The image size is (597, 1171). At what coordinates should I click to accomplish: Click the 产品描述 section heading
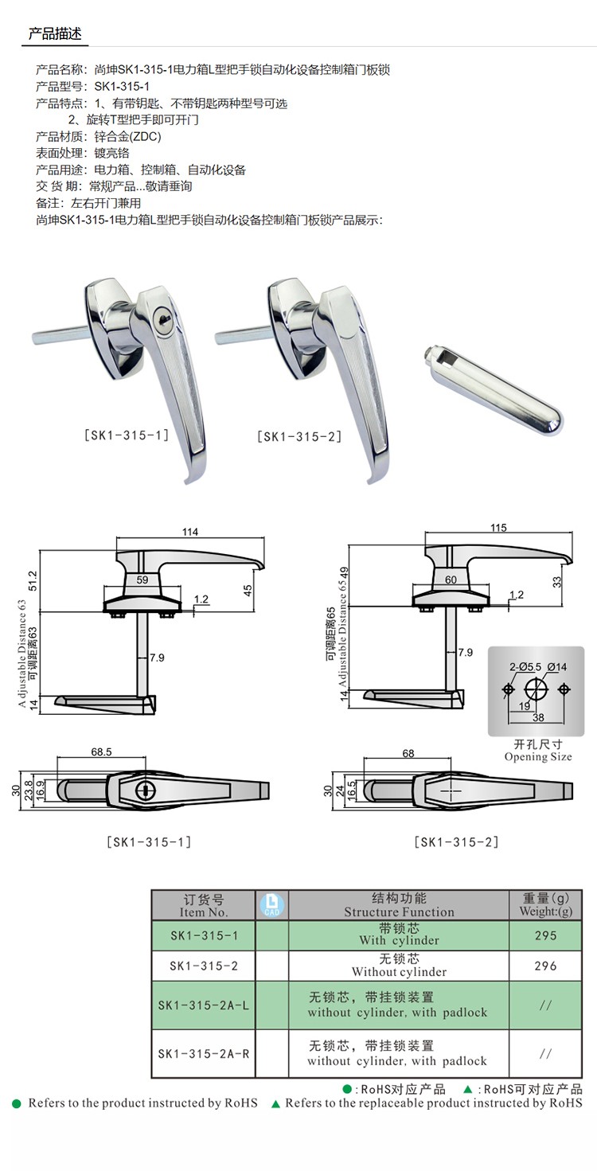pos(55,33)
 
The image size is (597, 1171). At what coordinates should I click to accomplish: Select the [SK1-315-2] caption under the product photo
pos(299,436)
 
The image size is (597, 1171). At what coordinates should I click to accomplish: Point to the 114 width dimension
pos(189,533)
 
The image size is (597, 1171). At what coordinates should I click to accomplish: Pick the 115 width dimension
pos(498,528)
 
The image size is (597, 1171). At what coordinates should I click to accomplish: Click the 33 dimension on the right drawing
pos(556,582)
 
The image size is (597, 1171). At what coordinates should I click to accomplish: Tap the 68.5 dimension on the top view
pos(101,751)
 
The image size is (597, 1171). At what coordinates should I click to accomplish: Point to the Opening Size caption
pos(537,756)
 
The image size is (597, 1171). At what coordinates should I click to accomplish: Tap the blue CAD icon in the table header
pos(272,904)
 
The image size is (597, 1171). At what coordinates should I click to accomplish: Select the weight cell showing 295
pos(545,935)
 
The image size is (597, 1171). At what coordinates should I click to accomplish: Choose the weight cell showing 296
pos(545,966)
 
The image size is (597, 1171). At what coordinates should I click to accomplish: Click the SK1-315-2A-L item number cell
pos(204,1005)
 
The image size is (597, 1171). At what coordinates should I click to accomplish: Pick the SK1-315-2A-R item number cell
pos(204,1053)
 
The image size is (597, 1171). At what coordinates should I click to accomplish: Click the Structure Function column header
pos(399,905)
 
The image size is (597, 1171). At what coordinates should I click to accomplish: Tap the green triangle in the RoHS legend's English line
pos(275,1103)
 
